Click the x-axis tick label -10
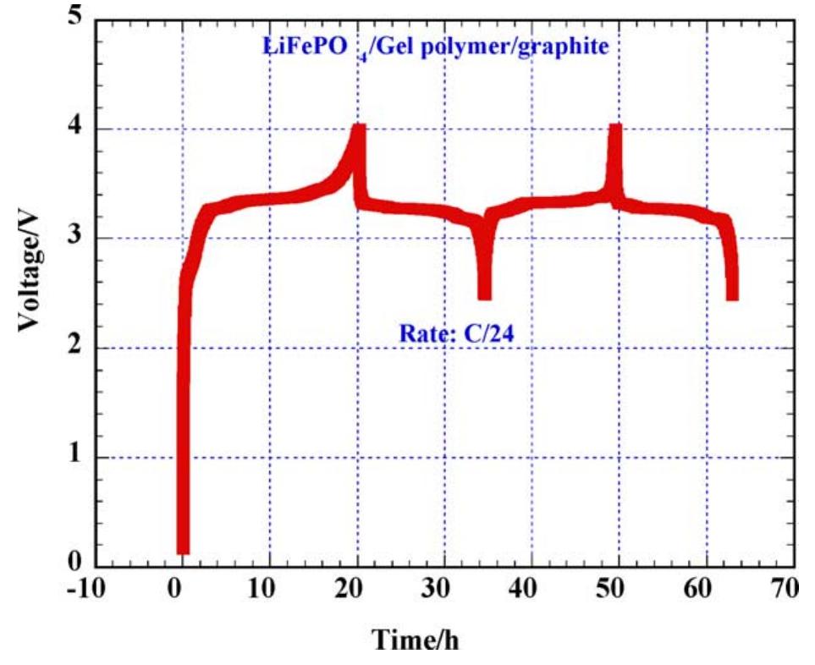click(85, 587)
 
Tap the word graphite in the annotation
click(565, 47)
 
